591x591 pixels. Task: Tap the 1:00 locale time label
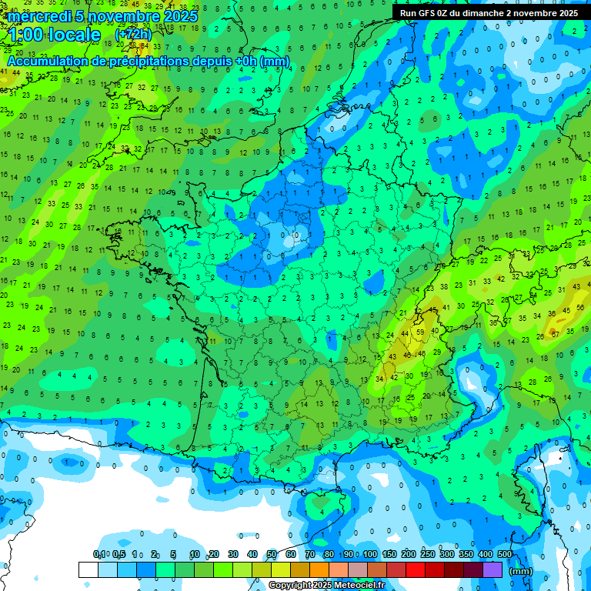(x=55, y=35)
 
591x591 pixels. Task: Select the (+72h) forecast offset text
(x=133, y=35)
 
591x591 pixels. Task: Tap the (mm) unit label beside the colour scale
(x=521, y=570)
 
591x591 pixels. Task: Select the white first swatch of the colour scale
(x=88, y=569)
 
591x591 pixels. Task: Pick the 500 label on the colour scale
(x=505, y=554)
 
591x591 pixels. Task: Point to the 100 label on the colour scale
(x=370, y=554)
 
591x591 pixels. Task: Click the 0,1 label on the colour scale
(x=99, y=554)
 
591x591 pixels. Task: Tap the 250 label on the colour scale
(x=428, y=554)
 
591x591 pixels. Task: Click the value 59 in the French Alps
(x=419, y=332)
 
